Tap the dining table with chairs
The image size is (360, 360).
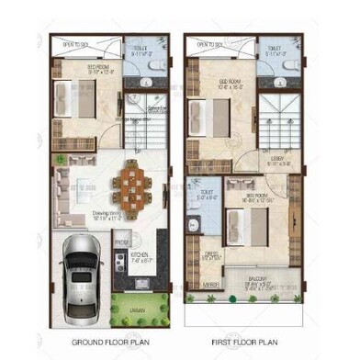pos(130,182)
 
